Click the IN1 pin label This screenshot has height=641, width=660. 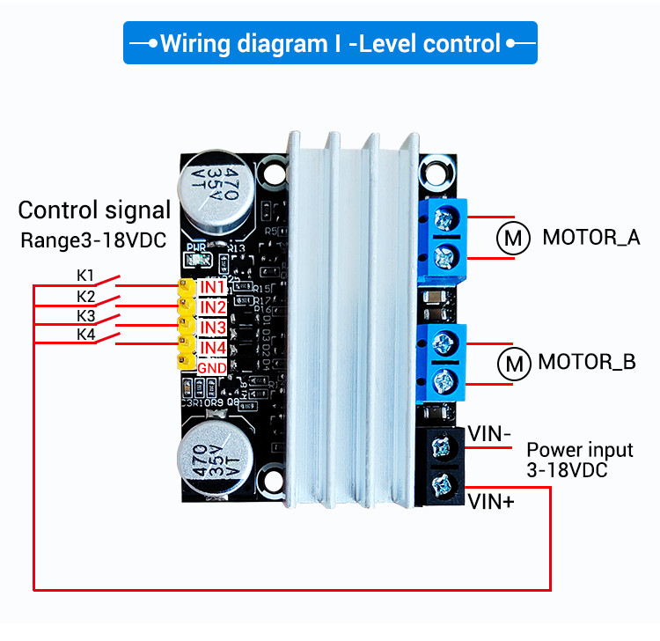pos(212,287)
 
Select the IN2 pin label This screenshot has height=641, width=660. pos(212,307)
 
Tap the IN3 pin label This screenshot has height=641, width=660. pos(212,328)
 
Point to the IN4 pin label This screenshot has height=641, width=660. pos(212,348)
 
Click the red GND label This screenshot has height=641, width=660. pos(212,367)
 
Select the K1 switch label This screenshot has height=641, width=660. pos(85,275)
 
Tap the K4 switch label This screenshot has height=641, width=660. pos(85,335)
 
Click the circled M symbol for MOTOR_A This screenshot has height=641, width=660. pos(513,238)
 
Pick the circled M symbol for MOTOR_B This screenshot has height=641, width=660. pos(513,362)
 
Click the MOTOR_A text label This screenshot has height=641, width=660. pos(590,238)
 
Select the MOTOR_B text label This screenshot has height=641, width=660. pos(586,362)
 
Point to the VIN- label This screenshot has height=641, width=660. pos(488,433)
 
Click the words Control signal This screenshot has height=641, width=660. pos(94,210)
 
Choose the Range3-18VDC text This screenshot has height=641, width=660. pos(93,240)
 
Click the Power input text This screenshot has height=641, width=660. pos(579,450)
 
